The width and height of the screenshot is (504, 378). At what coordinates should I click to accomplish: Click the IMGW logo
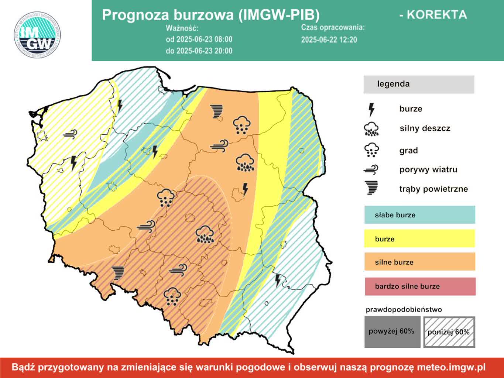[37, 35]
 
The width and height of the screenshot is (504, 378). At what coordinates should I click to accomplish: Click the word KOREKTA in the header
[433, 15]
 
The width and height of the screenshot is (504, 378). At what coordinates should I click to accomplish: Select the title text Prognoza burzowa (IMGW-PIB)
[210, 15]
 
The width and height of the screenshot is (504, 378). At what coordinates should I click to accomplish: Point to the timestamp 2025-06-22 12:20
[329, 40]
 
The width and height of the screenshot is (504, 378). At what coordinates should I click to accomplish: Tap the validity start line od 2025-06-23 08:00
[199, 39]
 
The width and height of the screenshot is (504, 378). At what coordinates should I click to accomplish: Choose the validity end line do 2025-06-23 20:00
[199, 51]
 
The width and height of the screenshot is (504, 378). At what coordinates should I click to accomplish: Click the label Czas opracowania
[332, 27]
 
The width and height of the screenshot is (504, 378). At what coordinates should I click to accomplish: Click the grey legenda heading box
[418, 84]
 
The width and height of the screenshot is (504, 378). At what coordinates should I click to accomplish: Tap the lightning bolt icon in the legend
[371, 110]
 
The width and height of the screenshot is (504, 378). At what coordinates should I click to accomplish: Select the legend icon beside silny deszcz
[371, 129]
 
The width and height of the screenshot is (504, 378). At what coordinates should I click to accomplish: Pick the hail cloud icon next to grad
[371, 150]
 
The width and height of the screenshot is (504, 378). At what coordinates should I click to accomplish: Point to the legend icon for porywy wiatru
[371, 170]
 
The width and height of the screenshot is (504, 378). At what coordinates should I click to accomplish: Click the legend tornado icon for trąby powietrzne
[371, 188]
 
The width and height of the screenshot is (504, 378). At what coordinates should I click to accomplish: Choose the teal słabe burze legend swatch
[419, 215]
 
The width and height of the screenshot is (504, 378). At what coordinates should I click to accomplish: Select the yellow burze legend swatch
[419, 238]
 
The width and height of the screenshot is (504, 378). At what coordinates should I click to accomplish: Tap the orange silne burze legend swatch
[419, 262]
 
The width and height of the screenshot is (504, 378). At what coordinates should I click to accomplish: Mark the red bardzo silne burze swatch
[420, 286]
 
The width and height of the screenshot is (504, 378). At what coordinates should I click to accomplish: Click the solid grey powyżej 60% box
[392, 332]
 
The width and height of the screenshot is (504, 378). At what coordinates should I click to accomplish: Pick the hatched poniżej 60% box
[449, 332]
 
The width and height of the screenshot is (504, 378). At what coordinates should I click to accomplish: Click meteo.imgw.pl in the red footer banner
[451, 367]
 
